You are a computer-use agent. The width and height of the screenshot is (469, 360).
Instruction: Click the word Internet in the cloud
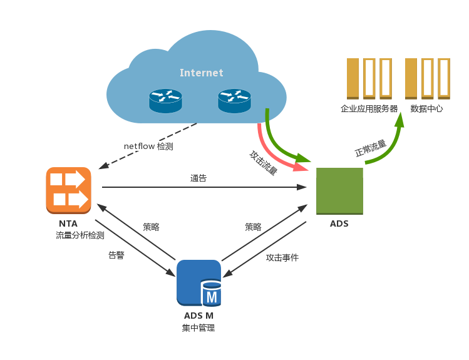[x=201, y=73]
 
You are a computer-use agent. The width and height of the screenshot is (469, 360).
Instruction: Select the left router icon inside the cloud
[x=165, y=101]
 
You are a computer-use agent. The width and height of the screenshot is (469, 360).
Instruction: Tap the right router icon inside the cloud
[x=234, y=101]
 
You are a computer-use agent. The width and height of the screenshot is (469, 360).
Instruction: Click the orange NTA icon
[x=68, y=190]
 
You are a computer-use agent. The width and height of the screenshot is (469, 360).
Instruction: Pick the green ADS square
[x=339, y=191]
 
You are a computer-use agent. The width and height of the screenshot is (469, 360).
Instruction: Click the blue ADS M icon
[x=199, y=283]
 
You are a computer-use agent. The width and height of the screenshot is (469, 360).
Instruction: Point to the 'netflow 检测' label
[x=148, y=147]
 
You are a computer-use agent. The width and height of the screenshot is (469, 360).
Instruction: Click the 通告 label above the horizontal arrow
[x=198, y=178]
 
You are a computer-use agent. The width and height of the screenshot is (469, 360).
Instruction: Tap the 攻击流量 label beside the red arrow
[x=264, y=163]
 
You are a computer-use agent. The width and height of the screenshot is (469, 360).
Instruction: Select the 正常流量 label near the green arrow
[x=371, y=148]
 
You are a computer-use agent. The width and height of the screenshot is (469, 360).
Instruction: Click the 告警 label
[x=116, y=255]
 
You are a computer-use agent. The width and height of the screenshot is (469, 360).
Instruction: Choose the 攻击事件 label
[x=282, y=257]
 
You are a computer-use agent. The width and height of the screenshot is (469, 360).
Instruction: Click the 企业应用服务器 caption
[x=369, y=108]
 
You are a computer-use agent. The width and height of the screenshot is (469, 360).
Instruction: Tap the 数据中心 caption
[x=426, y=108]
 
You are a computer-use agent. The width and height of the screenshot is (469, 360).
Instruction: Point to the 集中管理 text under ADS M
[x=198, y=328]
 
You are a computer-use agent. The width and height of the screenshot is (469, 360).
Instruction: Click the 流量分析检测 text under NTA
[x=80, y=235]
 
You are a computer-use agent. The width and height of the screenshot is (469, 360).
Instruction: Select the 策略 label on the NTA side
[x=151, y=227]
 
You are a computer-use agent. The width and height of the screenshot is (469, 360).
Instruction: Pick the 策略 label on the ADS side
[x=253, y=227]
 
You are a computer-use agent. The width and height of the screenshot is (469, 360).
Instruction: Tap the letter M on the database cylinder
[x=212, y=297]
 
